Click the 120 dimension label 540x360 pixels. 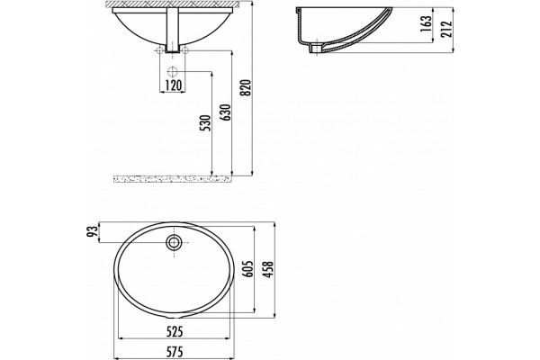(x=172, y=85)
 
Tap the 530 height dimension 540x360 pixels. (x=205, y=123)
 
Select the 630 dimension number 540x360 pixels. (x=226, y=112)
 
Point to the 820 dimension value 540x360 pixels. (x=247, y=88)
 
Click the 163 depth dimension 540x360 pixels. (x=426, y=23)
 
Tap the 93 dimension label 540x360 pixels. (x=92, y=232)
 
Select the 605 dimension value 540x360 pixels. (x=248, y=269)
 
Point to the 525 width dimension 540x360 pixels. (x=175, y=332)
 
